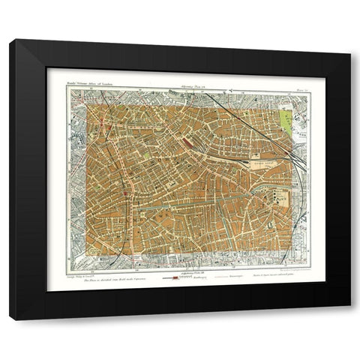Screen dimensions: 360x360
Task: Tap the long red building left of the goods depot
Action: pos(185,141)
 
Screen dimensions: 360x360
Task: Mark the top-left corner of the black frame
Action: pos(10,39)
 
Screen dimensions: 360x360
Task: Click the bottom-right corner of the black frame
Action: pos(349,320)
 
